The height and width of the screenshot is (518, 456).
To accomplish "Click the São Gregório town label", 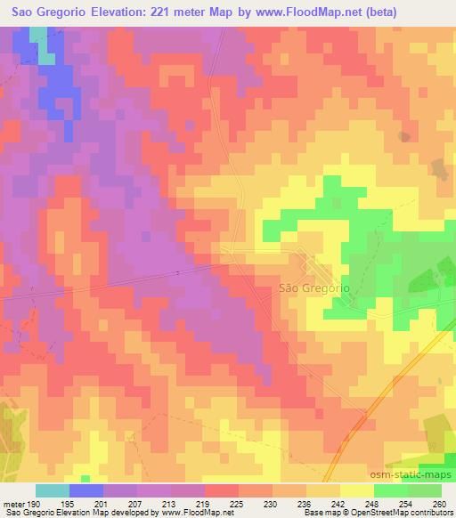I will point(313,288).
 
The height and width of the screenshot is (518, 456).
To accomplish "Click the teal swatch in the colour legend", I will point(53,490).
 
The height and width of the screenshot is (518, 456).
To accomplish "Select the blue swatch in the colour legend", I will point(86,490).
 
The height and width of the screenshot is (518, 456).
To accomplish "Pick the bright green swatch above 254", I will point(391,490).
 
